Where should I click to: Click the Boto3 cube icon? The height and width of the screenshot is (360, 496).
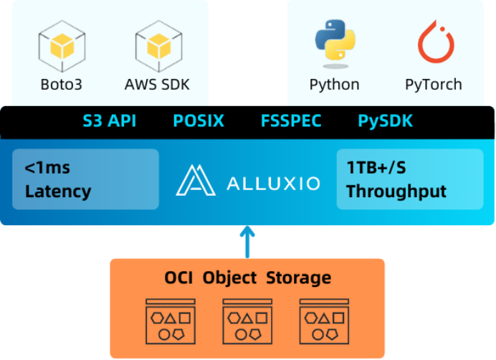pos(61,44)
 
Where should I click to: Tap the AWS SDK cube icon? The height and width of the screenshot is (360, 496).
pos(157,44)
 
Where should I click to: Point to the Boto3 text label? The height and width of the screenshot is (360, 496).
pos(61,85)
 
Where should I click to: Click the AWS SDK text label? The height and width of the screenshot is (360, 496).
pos(157,85)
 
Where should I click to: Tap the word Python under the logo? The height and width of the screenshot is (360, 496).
pos(334,85)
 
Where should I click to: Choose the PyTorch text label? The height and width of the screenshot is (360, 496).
pos(433,85)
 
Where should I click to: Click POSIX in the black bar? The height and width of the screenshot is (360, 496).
pos(199,121)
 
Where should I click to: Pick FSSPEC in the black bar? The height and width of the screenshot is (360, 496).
pos(290,121)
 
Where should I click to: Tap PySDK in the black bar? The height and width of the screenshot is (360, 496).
pos(385,121)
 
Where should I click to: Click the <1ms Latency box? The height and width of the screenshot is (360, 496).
pos(85,179)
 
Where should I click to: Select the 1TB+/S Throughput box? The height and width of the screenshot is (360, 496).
pos(410,179)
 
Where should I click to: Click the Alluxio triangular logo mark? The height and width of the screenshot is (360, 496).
pos(195,181)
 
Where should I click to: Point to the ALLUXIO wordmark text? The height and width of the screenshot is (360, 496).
pos(273,183)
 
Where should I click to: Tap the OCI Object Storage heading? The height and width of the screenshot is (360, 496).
pos(247,278)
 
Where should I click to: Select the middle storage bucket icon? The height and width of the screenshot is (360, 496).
pos(247,318)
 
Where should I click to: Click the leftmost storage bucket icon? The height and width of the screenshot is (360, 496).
pos(171,318)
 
